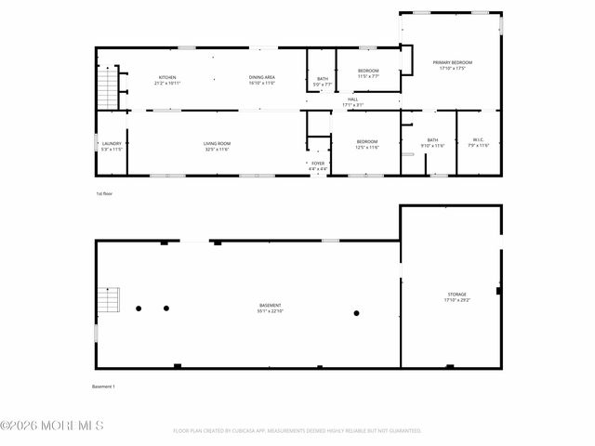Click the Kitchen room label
click(x=167, y=80)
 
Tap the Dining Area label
click(x=261, y=80)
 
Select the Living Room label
click(x=217, y=146)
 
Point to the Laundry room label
click(x=112, y=146)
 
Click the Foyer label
click(x=318, y=164)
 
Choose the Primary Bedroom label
click(x=451, y=65)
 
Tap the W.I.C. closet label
click(x=478, y=143)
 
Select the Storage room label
click(x=457, y=297)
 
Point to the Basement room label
click(x=271, y=308)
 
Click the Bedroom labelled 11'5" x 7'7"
click(x=368, y=73)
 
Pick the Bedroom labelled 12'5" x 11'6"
click(x=367, y=144)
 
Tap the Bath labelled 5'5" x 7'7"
click(x=322, y=82)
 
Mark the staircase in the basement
click(x=109, y=301)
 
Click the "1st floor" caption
click(x=103, y=193)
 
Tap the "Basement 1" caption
click(x=102, y=387)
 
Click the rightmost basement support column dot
click(x=356, y=313)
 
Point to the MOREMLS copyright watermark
click(x=52, y=426)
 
